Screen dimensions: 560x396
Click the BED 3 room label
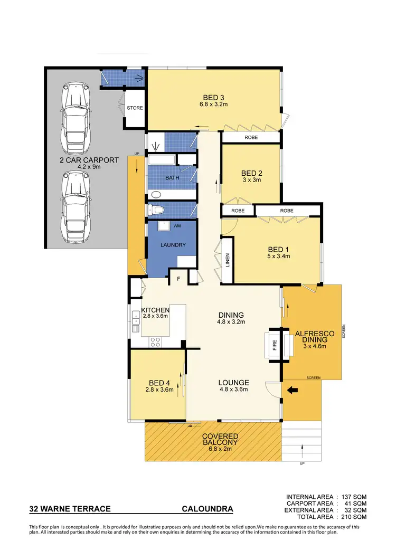click(214, 97)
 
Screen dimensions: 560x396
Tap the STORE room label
click(135, 108)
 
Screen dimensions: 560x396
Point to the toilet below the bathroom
click(155, 210)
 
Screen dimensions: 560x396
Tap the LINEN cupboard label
click(228, 260)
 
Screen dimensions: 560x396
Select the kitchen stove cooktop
click(155, 341)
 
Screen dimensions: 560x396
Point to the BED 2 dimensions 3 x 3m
click(251, 180)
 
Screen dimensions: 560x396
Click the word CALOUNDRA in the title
click(207, 509)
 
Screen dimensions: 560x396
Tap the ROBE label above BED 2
click(250, 137)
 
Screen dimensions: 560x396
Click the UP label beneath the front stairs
click(301, 464)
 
